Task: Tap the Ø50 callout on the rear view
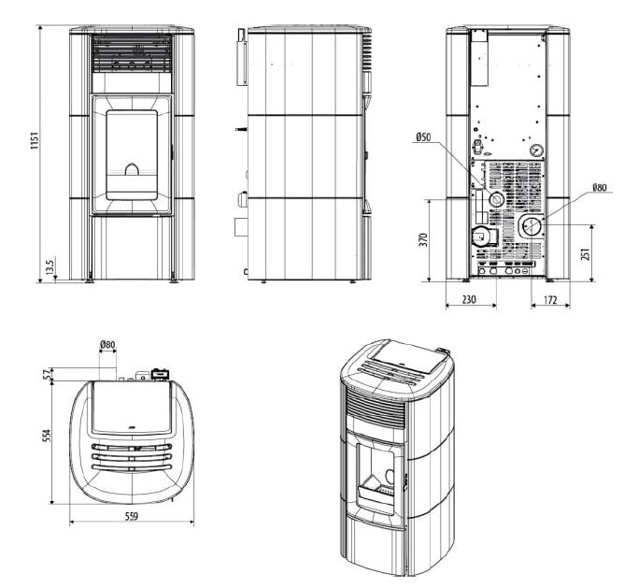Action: [x=423, y=138]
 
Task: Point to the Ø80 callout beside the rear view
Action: [x=598, y=187]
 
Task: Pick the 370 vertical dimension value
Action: [x=421, y=240]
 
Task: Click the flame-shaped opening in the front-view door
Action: [x=133, y=171]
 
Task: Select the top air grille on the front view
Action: [x=132, y=63]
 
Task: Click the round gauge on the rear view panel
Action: [x=535, y=149]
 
